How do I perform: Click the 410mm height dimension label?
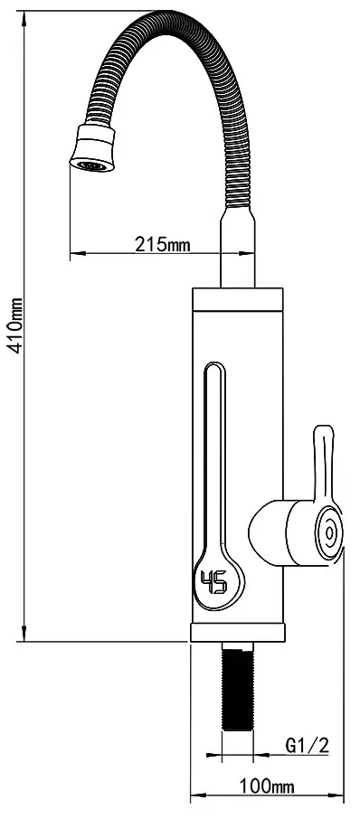click(17, 326)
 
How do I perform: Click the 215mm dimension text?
click(163, 244)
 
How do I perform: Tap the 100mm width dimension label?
click(267, 786)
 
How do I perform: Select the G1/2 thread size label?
click(308, 745)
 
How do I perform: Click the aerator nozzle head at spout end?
click(93, 148)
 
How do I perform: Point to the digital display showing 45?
click(214, 582)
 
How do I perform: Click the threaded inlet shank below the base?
click(238, 687)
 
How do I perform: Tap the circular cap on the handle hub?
click(329, 533)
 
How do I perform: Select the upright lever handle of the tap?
click(324, 464)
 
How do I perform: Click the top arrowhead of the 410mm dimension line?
click(24, 15)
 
